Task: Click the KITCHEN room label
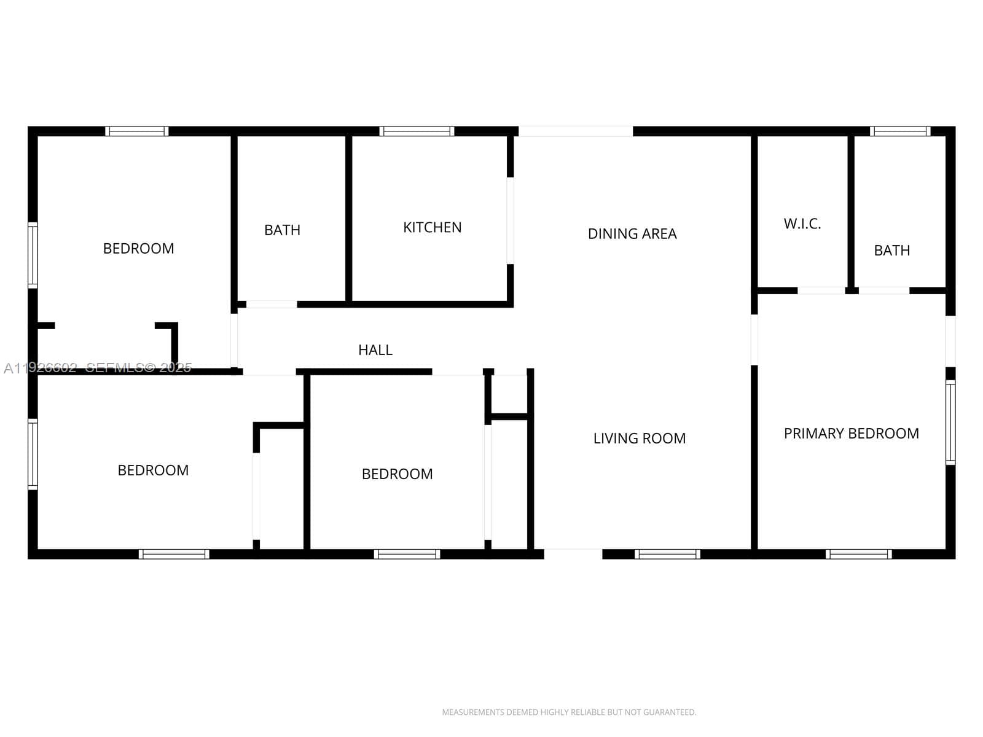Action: pyautogui.click(x=432, y=227)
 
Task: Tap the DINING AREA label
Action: pyautogui.click(x=632, y=233)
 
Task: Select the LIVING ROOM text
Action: pyautogui.click(x=639, y=438)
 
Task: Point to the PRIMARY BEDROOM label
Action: pyautogui.click(x=852, y=433)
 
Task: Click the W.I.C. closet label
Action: pyautogui.click(x=802, y=224)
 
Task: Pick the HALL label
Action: pyautogui.click(x=375, y=349)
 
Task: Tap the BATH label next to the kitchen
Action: pyautogui.click(x=282, y=230)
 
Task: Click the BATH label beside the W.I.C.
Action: pyautogui.click(x=891, y=250)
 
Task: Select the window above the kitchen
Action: pyautogui.click(x=417, y=131)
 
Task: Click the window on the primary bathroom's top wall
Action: pyautogui.click(x=900, y=131)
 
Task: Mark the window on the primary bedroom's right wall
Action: pyautogui.click(x=950, y=423)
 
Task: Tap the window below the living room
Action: pyautogui.click(x=667, y=554)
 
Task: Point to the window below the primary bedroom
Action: pyautogui.click(x=858, y=554)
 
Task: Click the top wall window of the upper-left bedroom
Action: pyautogui.click(x=137, y=131)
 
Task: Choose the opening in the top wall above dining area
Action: pyautogui.click(x=576, y=131)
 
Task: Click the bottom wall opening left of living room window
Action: pyautogui.click(x=573, y=554)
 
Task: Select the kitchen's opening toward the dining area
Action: pyautogui.click(x=510, y=220)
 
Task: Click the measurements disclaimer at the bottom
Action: pyautogui.click(x=569, y=712)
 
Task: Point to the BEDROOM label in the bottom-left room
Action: pyautogui.click(x=153, y=470)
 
